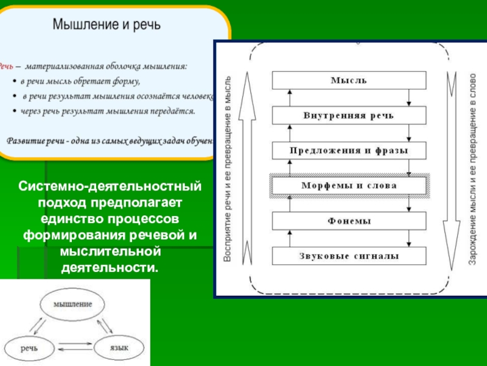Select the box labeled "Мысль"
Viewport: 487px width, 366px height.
point(349,80)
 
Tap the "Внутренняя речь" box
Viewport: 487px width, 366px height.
point(349,115)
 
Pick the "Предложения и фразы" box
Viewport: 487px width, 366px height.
point(349,150)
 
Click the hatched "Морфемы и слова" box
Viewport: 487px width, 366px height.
point(349,185)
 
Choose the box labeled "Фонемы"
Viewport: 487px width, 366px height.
point(349,220)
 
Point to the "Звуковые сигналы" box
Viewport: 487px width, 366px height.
point(349,256)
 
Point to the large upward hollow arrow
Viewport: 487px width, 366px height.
point(247,171)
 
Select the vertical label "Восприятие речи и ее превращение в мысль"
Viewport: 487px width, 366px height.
point(228,171)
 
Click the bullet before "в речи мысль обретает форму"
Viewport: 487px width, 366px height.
point(15,81)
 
